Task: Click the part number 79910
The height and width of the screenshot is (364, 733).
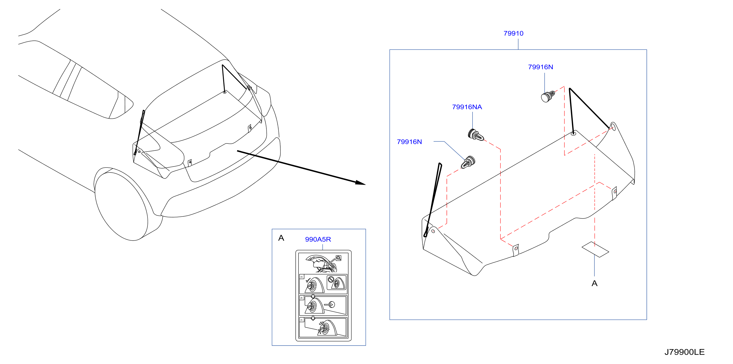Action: (513, 33)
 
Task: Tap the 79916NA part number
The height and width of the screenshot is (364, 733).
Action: (467, 107)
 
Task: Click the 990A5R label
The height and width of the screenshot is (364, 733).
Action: (318, 239)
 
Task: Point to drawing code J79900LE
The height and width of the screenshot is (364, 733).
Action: (684, 352)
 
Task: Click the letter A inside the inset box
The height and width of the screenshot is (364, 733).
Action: (281, 238)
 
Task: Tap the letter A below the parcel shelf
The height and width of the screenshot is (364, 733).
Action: (594, 283)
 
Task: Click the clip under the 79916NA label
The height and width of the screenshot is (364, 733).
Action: (475, 135)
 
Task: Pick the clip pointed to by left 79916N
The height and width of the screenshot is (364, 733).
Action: (468, 162)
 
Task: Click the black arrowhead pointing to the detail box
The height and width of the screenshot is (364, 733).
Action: (360, 182)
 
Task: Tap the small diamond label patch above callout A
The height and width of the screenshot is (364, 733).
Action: (595, 249)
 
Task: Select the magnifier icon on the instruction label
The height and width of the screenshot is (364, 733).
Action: (338, 258)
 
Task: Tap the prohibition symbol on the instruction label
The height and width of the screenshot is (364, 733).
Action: (330, 279)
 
